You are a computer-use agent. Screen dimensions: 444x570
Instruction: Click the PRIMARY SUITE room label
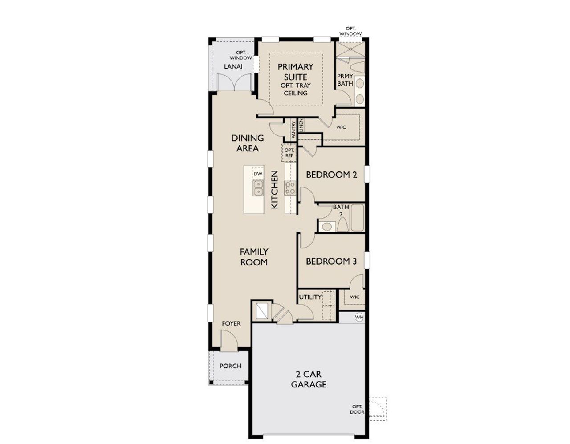point(296,72)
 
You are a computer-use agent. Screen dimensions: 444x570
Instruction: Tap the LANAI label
point(233,66)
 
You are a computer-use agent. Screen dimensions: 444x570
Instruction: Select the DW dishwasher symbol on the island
point(258,174)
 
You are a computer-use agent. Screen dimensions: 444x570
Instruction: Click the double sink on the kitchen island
point(258,187)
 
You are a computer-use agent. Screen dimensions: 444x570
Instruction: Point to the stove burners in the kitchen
point(290,187)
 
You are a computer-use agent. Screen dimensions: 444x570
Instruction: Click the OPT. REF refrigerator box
point(289,153)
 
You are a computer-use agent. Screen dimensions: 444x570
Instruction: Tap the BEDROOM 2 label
point(331,175)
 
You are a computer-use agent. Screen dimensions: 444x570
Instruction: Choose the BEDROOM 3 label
point(331,261)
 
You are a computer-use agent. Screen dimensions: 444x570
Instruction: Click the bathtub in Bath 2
point(357,217)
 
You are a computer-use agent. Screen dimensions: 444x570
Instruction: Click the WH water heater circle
point(359,317)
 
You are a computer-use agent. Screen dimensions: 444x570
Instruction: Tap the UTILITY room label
point(310,297)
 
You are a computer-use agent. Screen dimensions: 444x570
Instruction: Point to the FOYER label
point(231,323)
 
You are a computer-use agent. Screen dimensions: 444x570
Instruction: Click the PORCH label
point(231,366)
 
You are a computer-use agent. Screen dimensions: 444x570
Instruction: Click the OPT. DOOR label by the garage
point(357,409)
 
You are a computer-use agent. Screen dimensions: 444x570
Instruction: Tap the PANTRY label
point(294,130)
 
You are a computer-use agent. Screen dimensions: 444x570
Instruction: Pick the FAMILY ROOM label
point(254,257)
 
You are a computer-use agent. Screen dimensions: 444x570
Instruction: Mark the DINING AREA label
point(247,143)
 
